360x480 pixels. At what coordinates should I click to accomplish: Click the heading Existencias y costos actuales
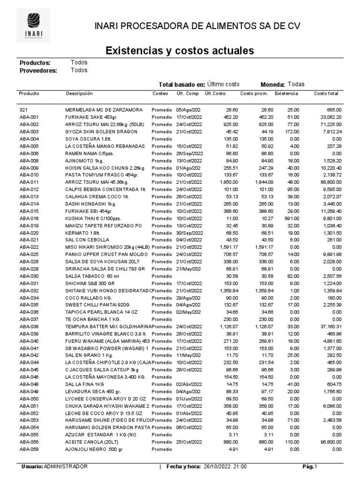coord(180,50)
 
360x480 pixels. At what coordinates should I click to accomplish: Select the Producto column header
coord(29,94)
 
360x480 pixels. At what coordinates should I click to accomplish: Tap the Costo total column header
coord(326,94)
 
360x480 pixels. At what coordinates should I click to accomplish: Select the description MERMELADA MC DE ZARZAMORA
coord(104,110)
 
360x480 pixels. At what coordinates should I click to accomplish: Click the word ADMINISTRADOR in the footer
coord(65,467)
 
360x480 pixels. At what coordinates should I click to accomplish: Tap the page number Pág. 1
coord(310,467)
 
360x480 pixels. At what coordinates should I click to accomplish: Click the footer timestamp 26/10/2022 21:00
coord(226,467)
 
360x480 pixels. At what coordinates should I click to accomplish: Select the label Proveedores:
coord(38,71)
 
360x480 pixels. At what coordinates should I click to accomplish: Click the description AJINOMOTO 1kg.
coord(84,160)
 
